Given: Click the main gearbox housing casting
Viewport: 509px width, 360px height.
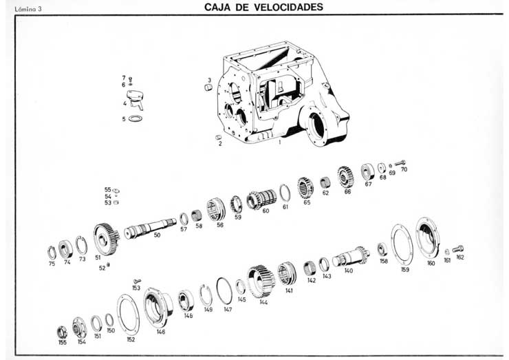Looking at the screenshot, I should click(x=282, y=96).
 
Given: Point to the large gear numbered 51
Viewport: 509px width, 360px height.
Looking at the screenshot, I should click(x=105, y=239).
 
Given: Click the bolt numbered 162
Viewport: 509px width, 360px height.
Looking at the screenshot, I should click(x=458, y=248).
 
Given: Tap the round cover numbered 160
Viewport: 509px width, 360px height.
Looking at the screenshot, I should click(x=427, y=237).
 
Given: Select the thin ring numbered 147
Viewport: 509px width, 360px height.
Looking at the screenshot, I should click(x=224, y=290).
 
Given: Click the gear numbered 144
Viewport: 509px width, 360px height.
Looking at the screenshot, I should click(x=261, y=280).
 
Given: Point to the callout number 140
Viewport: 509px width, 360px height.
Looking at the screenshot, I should click(x=349, y=271).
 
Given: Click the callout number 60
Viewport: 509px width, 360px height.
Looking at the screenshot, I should click(x=266, y=211).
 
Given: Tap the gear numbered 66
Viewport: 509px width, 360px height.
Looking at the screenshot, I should click(x=345, y=176).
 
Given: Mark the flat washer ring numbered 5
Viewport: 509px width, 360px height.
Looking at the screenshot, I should click(x=136, y=118).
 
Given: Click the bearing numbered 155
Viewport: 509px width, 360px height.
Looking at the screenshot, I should click(x=62, y=332).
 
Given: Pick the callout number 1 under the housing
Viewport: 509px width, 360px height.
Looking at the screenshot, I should click(x=280, y=142).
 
